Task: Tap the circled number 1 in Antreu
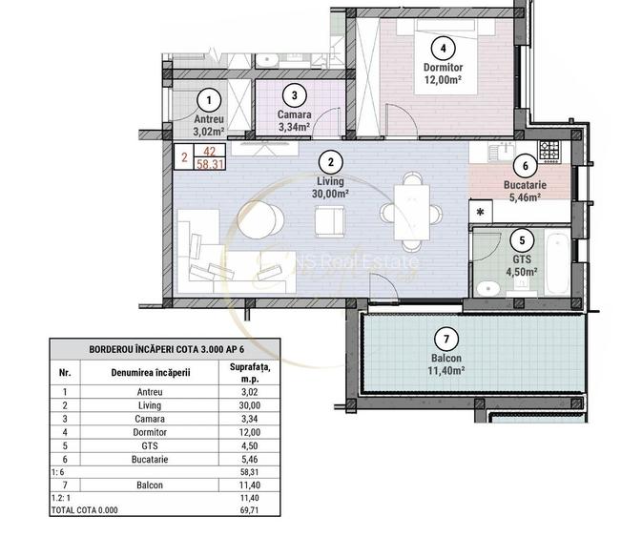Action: pos(209,99)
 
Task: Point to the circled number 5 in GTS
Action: pos(521,239)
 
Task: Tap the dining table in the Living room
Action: pos(412,212)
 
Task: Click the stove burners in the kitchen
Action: pos(549,149)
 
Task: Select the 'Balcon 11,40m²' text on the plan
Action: pos(442,364)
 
